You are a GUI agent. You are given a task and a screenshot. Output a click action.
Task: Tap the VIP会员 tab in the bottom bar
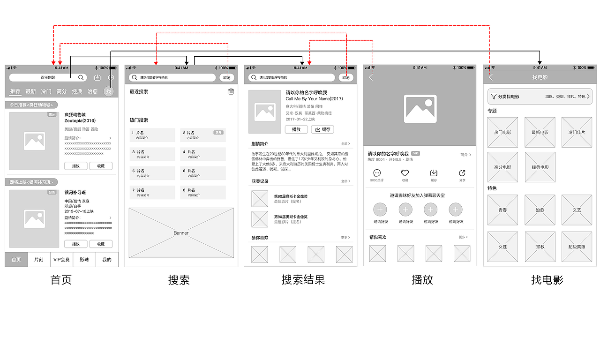[61, 259]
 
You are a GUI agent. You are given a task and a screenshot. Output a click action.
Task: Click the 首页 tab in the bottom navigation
[16, 259]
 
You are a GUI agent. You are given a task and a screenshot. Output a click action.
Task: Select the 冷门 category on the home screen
[46, 91]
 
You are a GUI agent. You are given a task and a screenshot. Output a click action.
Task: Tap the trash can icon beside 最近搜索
[231, 91]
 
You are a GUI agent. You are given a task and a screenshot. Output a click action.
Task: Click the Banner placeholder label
[181, 233]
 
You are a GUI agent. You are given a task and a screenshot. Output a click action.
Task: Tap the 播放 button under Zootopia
[76, 166]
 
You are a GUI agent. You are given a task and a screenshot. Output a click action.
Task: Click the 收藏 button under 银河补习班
[101, 244]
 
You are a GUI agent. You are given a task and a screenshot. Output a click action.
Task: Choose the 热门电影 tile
[502, 132]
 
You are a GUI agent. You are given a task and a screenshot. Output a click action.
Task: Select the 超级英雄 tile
[577, 247]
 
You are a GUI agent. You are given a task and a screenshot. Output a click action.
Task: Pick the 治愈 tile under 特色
[540, 210]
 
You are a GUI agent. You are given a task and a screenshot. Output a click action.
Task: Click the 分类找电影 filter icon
[494, 97]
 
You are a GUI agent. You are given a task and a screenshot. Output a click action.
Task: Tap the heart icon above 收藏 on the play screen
[405, 173]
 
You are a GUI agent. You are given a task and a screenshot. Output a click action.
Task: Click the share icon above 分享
[462, 173]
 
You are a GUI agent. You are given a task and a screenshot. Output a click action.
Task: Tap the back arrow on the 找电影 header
[491, 77]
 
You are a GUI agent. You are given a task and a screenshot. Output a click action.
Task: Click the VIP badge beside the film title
[415, 153]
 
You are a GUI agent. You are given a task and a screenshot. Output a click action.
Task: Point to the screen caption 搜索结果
[303, 280]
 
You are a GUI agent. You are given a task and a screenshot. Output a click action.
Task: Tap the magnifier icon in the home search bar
[81, 78]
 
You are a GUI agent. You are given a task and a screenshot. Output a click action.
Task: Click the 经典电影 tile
[540, 167]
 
